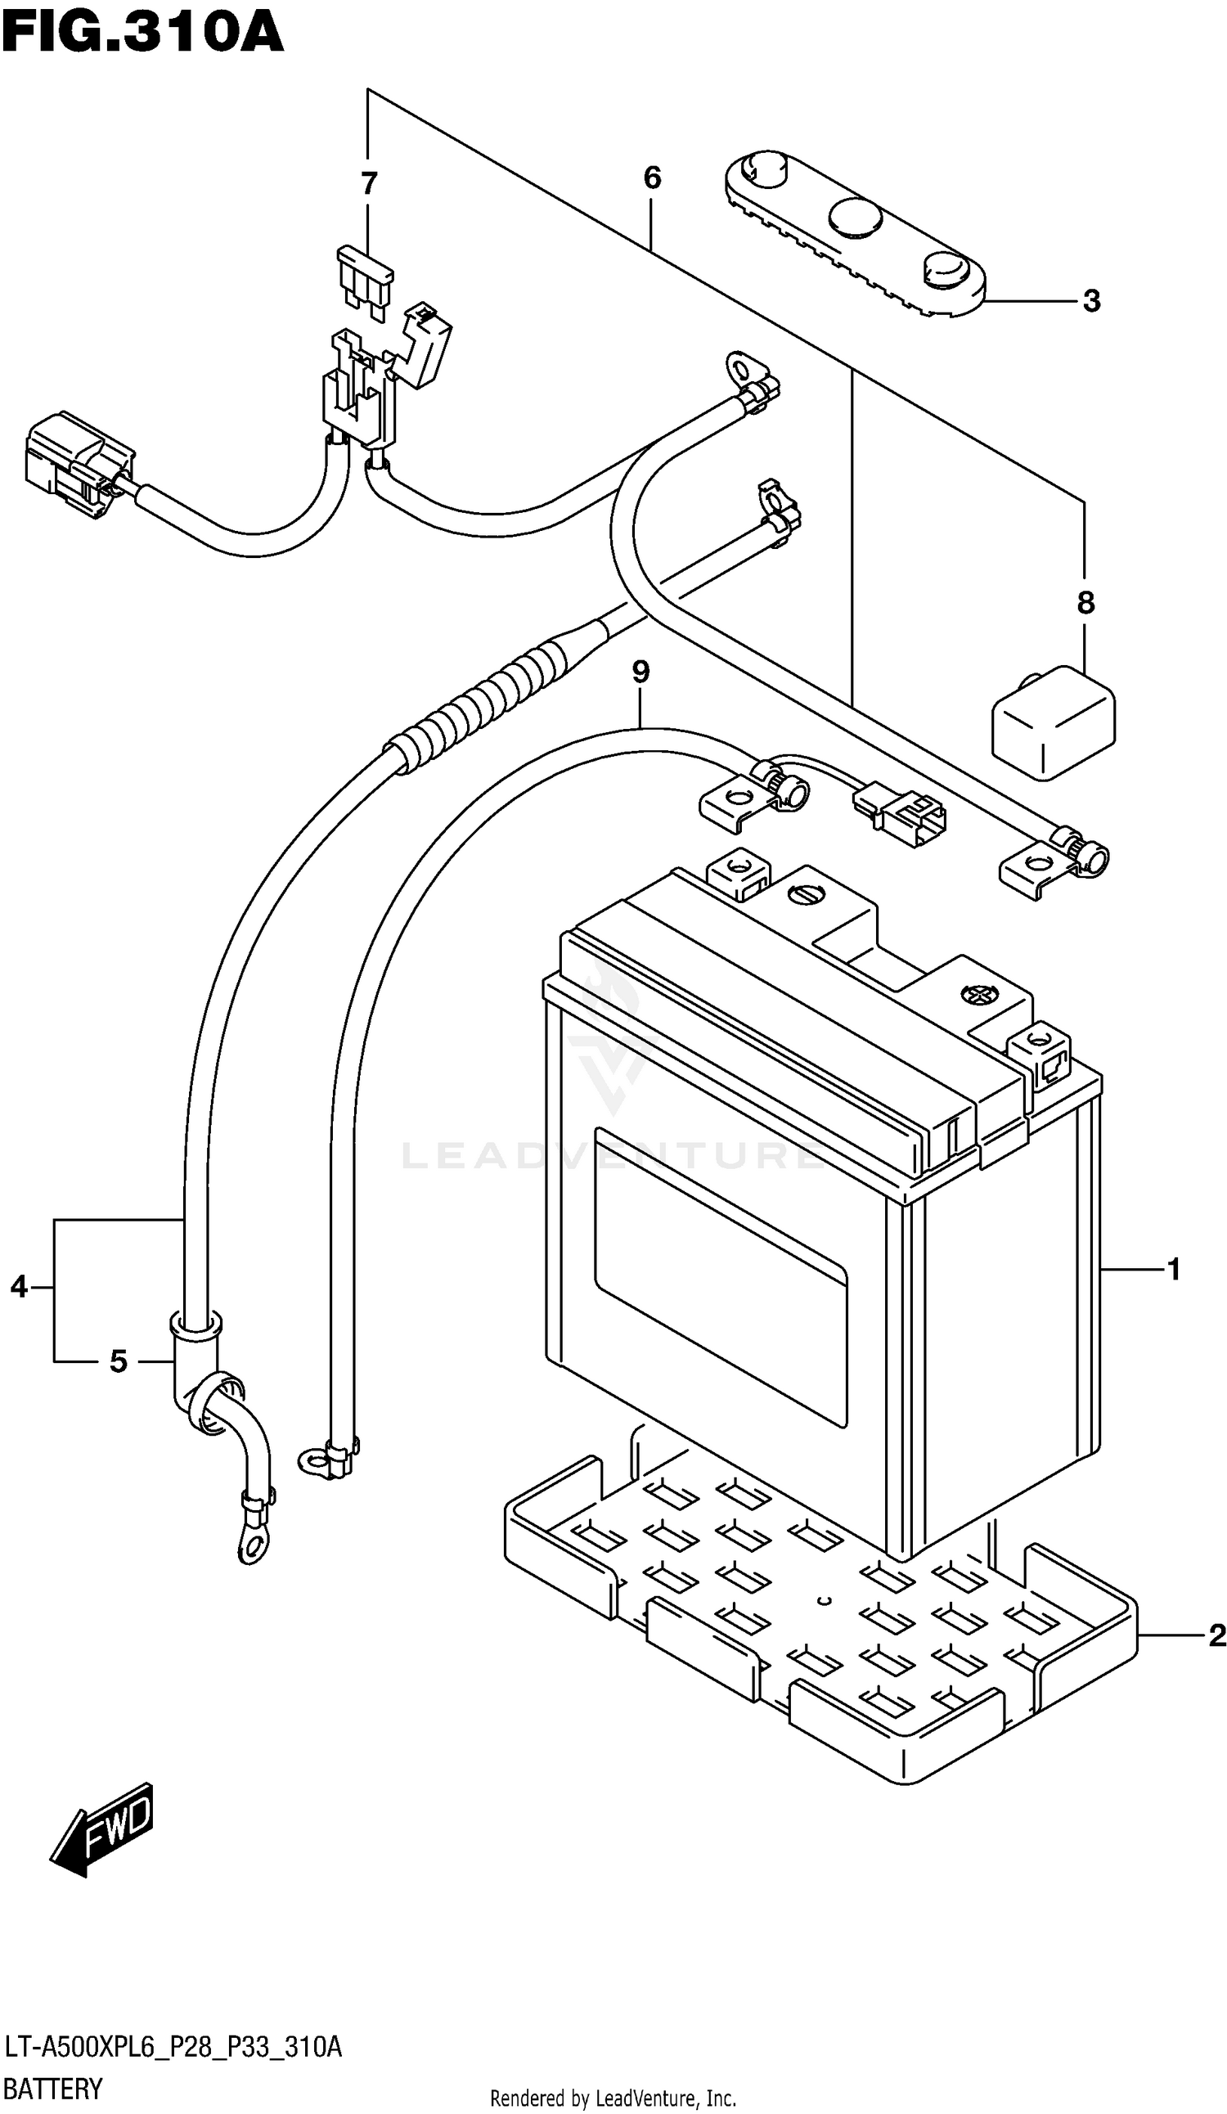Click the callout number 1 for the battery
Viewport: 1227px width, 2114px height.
1173,1270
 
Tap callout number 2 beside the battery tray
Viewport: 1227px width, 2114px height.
1217,1635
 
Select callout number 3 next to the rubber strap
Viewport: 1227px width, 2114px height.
1091,300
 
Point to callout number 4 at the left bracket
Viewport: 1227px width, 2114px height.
20,1287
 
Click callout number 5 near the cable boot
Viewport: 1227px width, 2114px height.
119,1361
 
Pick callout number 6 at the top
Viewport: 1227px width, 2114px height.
652,178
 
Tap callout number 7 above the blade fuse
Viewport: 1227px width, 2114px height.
369,183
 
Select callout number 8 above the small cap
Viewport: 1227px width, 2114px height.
1085,602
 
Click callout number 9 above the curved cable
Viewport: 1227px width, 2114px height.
640,671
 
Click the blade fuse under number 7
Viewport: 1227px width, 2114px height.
366,284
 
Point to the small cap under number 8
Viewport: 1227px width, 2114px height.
1054,723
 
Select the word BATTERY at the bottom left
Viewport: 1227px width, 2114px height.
53,2089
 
